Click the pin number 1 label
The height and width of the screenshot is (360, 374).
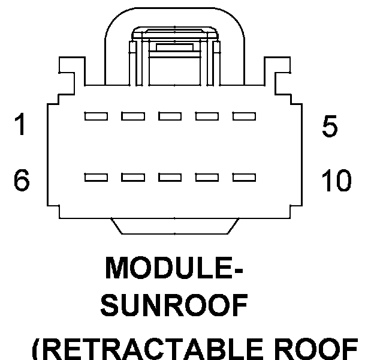coord(20,124)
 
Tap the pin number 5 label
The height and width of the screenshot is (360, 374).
coord(330,126)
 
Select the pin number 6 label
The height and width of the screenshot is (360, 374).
coord(22,180)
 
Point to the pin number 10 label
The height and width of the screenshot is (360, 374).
coord(337,180)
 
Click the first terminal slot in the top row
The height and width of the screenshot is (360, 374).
coord(96,116)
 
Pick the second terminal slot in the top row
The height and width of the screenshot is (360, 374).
coord(133,116)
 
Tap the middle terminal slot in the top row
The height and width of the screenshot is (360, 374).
coord(170,116)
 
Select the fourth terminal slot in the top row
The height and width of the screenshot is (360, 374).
coord(207,116)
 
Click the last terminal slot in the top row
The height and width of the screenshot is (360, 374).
coord(245,116)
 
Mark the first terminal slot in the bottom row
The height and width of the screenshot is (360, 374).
coord(96,178)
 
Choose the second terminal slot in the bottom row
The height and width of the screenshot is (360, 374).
coord(133,178)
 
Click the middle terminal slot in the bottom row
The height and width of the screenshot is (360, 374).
coord(170,178)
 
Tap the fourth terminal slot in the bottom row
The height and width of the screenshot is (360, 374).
coord(207,178)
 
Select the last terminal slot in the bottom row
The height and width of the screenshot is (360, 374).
coord(245,178)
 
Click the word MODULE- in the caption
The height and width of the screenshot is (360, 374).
coord(174,268)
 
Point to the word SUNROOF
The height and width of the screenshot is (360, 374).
coord(174,305)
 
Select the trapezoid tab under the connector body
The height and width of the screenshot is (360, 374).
coord(174,226)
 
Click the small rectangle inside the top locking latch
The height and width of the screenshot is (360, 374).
coord(174,47)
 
